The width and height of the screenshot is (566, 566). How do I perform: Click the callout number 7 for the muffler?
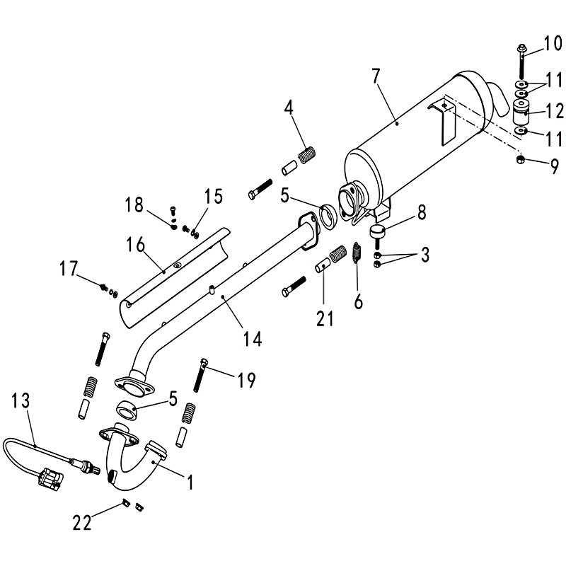click(x=376, y=76)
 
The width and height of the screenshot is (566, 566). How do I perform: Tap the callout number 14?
click(x=253, y=339)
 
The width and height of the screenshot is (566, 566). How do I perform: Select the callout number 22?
click(x=82, y=522)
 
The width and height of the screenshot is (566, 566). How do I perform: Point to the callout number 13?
click(x=21, y=400)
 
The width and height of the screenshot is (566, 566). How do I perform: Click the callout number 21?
click(x=325, y=318)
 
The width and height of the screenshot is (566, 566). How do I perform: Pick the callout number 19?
click(x=246, y=379)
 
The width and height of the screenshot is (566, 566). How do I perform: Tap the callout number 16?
click(x=135, y=244)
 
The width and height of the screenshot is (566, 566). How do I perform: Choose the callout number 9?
click(x=554, y=166)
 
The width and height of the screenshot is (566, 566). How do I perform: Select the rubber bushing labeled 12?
click(x=520, y=112)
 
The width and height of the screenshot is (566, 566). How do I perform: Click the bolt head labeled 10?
click(x=521, y=48)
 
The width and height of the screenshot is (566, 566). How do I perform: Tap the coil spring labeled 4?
click(x=308, y=155)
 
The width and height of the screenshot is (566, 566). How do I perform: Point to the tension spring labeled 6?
click(x=357, y=253)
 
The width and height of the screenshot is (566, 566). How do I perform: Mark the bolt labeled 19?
click(x=200, y=375)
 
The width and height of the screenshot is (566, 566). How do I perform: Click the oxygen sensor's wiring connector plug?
click(x=50, y=479)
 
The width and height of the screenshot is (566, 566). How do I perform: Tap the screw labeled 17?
click(x=104, y=287)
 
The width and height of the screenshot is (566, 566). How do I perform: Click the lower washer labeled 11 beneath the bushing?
click(x=521, y=131)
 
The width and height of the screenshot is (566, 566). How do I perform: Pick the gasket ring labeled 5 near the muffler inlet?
click(x=328, y=216)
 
